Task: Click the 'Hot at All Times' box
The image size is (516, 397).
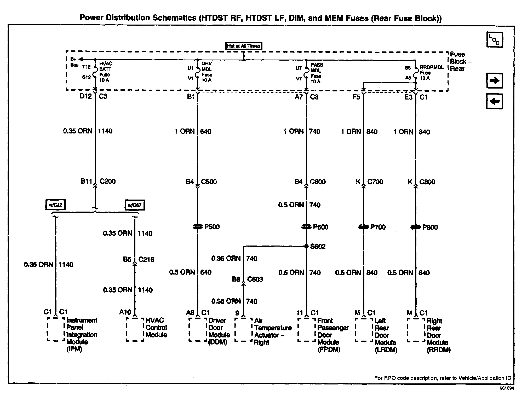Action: coord(244,46)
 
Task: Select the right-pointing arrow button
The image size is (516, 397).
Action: coord(494,81)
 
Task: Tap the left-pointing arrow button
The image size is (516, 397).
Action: coord(494,101)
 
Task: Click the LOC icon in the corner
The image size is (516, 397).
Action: coord(495,40)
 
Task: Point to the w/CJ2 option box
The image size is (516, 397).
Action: coord(55,205)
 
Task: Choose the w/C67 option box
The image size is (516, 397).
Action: coord(135,205)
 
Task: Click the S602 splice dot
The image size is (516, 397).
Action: coord(306,246)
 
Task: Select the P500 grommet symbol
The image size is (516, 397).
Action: coord(197,227)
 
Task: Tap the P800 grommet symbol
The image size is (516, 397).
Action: coord(415,227)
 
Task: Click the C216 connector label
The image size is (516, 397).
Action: coord(146,259)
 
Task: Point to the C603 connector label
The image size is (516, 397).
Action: coord(255,279)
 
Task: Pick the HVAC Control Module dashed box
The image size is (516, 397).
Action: coord(135,329)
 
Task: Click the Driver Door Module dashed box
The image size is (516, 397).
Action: coord(198,330)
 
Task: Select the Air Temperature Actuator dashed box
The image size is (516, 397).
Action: coord(243,330)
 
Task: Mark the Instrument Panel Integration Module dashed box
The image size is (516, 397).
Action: coord(56,329)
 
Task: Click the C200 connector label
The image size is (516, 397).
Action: coord(107,181)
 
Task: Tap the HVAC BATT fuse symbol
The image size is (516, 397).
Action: coord(95,72)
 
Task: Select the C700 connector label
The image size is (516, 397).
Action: coord(375,182)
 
